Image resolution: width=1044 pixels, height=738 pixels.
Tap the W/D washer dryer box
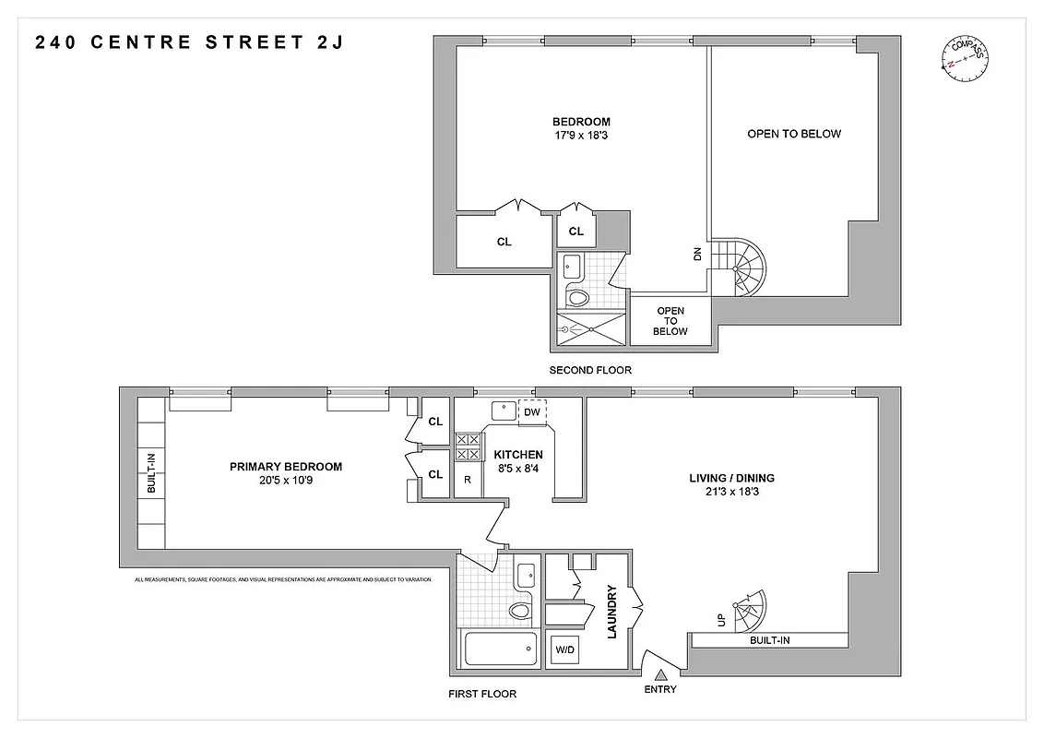[564, 650]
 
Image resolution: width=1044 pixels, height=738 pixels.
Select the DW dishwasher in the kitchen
[531, 412]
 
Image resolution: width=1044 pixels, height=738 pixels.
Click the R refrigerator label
[468, 480]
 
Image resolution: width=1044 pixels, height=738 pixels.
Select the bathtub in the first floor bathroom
[499, 651]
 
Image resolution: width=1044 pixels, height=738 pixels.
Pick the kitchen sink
[504, 410]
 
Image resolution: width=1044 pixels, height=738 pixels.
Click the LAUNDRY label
[611, 612]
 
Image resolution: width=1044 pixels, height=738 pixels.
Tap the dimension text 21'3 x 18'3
[731, 492]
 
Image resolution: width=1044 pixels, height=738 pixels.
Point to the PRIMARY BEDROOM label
[286, 467]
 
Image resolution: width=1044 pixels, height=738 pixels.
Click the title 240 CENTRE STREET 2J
[189, 42]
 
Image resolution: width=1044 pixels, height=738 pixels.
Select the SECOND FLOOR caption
[590, 370]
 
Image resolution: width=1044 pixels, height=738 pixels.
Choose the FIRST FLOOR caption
[481, 694]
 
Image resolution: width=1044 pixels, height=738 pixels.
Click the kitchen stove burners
[468, 447]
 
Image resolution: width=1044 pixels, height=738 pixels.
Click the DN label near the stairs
[697, 254]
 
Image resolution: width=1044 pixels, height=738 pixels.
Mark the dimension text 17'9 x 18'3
[581, 136]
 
